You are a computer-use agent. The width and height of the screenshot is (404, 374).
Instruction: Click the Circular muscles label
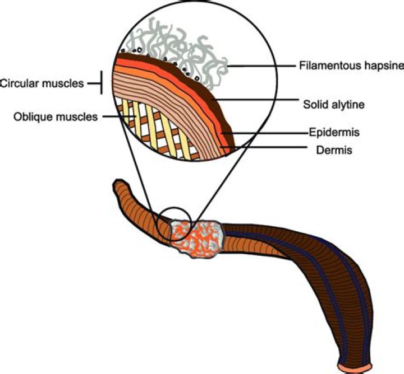coord(42,84)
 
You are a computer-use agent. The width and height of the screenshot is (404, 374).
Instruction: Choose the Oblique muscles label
coord(56,117)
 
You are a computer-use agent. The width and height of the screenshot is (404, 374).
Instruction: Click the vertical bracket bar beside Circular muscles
coord(102,83)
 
